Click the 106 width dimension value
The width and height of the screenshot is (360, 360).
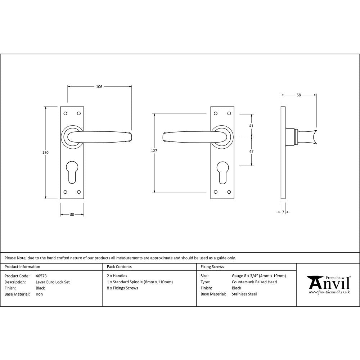pyautogui.click(x=99, y=86)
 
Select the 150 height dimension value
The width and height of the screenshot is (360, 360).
pyautogui.click(x=45, y=152)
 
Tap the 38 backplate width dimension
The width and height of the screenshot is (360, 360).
pyautogui.click(x=72, y=214)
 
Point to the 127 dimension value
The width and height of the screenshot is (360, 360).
pyautogui.click(x=154, y=151)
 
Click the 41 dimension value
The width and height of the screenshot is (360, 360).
pyautogui.click(x=251, y=126)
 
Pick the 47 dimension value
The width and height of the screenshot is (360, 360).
pyautogui.click(x=251, y=152)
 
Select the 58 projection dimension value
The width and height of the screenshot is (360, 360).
pyautogui.click(x=299, y=95)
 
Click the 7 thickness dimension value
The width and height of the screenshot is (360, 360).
pyautogui.click(x=283, y=212)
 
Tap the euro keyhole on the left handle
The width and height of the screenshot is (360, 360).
pyautogui.click(x=72, y=171)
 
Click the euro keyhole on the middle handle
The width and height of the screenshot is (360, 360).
pyautogui.click(x=222, y=171)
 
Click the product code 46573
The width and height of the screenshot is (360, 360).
pyautogui.click(x=41, y=276)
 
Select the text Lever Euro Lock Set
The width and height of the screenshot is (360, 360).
pyautogui.click(x=53, y=282)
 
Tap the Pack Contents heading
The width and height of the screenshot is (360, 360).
pyautogui.click(x=119, y=267)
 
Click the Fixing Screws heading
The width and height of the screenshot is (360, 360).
pyautogui.click(x=212, y=267)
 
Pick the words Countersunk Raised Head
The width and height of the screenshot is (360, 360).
pyautogui.click(x=254, y=282)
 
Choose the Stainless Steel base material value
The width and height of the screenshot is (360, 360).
pyautogui.click(x=244, y=294)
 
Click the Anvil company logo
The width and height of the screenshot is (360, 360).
pyautogui.click(x=328, y=284)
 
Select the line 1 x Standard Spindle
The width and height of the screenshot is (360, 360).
pyautogui.click(x=140, y=282)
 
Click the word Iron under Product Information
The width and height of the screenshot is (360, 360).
pyautogui.click(x=39, y=294)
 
